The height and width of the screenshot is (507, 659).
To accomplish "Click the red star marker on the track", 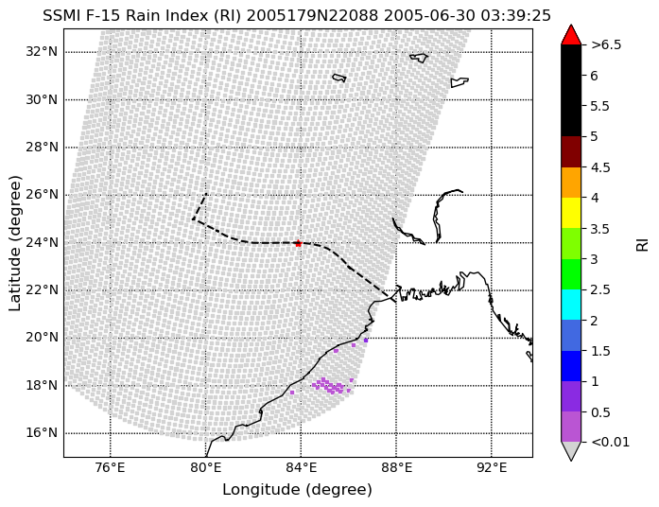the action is tap(298, 243).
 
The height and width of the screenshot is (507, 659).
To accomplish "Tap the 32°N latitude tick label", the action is tap(42, 52).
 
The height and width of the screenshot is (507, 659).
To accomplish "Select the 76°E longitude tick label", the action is tap(110, 467).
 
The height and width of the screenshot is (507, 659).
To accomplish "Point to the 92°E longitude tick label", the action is tap(492, 467).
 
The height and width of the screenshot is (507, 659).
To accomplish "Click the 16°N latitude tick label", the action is tap(42, 432).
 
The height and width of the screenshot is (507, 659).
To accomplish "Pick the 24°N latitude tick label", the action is tap(42, 242).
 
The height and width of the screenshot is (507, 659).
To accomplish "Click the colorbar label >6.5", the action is tap(606, 44).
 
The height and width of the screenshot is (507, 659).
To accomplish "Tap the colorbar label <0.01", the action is tap(610, 442).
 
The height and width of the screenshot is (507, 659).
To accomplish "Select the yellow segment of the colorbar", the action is tap(571, 213).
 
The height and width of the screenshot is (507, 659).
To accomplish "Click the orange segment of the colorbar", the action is tap(571, 183).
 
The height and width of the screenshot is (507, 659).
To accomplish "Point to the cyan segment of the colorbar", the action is tap(571, 305).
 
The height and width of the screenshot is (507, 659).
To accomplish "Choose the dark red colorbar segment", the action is tap(571, 151).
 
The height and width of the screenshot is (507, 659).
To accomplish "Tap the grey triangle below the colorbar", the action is tap(571, 450).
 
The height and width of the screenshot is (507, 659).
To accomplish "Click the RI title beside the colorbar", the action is tap(643, 244).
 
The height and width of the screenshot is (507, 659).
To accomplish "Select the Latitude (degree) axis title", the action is tap(14, 243).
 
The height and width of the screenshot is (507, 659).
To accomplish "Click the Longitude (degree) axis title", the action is tap(297, 490).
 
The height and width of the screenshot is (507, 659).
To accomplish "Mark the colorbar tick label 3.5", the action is tap(600, 228).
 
